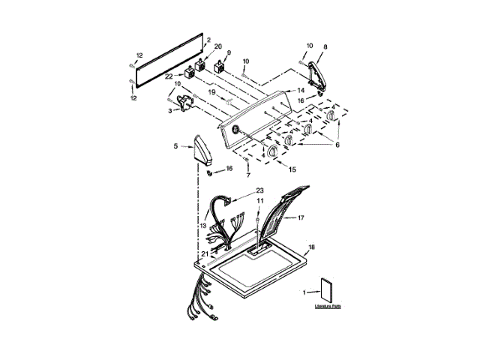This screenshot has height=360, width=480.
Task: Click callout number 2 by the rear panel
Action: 208,40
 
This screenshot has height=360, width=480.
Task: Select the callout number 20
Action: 218,47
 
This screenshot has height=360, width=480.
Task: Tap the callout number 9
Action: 228,53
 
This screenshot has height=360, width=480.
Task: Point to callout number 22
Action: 169,76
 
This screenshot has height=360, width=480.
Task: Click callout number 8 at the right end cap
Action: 325,46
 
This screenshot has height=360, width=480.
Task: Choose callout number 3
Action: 169,111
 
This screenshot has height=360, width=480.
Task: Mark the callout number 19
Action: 212,91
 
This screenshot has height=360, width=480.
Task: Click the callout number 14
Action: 301,90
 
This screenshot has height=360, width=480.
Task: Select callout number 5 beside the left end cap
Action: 176,146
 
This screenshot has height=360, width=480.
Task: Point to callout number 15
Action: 293,169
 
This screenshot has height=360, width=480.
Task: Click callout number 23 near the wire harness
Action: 260,190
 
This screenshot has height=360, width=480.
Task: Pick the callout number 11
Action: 260,201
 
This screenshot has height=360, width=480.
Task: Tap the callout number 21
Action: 204,255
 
